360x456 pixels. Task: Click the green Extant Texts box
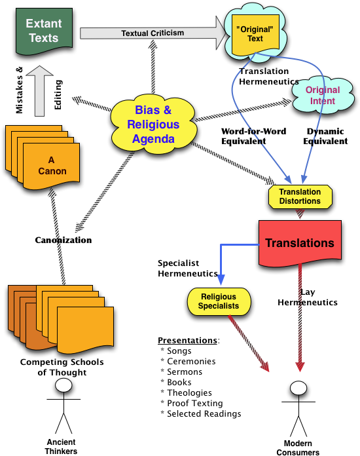pyautogui.click(x=44, y=31)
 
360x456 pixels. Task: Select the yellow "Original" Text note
pyautogui.click(x=255, y=33)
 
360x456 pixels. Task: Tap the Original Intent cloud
pyautogui.click(x=322, y=96)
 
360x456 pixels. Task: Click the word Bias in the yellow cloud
pyautogui.click(x=147, y=110)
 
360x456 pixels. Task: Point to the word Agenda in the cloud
pyautogui.click(x=153, y=139)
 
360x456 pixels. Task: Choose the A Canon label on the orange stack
pyautogui.click(x=51, y=166)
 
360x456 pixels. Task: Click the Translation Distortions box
pyautogui.click(x=300, y=197)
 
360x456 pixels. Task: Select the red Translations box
pyautogui.click(x=300, y=242)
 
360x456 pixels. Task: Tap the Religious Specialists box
pyautogui.click(x=219, y=301)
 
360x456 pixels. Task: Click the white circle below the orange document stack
pyautogui.click(x=63, y=385)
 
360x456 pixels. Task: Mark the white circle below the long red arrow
pyautogui.click(x=298, y=388)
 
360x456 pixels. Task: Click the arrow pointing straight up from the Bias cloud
pyautogui.click(x=153, y=69)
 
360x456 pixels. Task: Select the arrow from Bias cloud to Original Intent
pyautogui.click(x=242, y=111)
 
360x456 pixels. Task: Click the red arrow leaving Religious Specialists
pyautogui.click(x=249, y=344)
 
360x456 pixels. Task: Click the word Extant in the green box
pyautogui.click(x=44, y=24)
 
